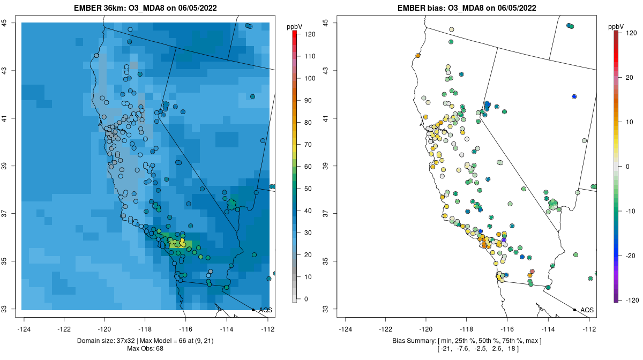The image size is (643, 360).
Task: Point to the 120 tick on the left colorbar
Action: click(309, 33)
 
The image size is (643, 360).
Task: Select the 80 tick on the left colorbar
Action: click(308, 122)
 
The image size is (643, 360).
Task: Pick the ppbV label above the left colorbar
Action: click(294, 26)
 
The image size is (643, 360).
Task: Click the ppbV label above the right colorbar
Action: click(616, 26)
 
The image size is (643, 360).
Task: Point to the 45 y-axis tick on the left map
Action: click(4, 22)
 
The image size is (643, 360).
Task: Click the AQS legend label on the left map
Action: click(265, 310)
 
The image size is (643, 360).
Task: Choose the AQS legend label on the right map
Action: click(587, 310)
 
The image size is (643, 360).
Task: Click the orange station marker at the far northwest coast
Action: click(417, 55)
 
